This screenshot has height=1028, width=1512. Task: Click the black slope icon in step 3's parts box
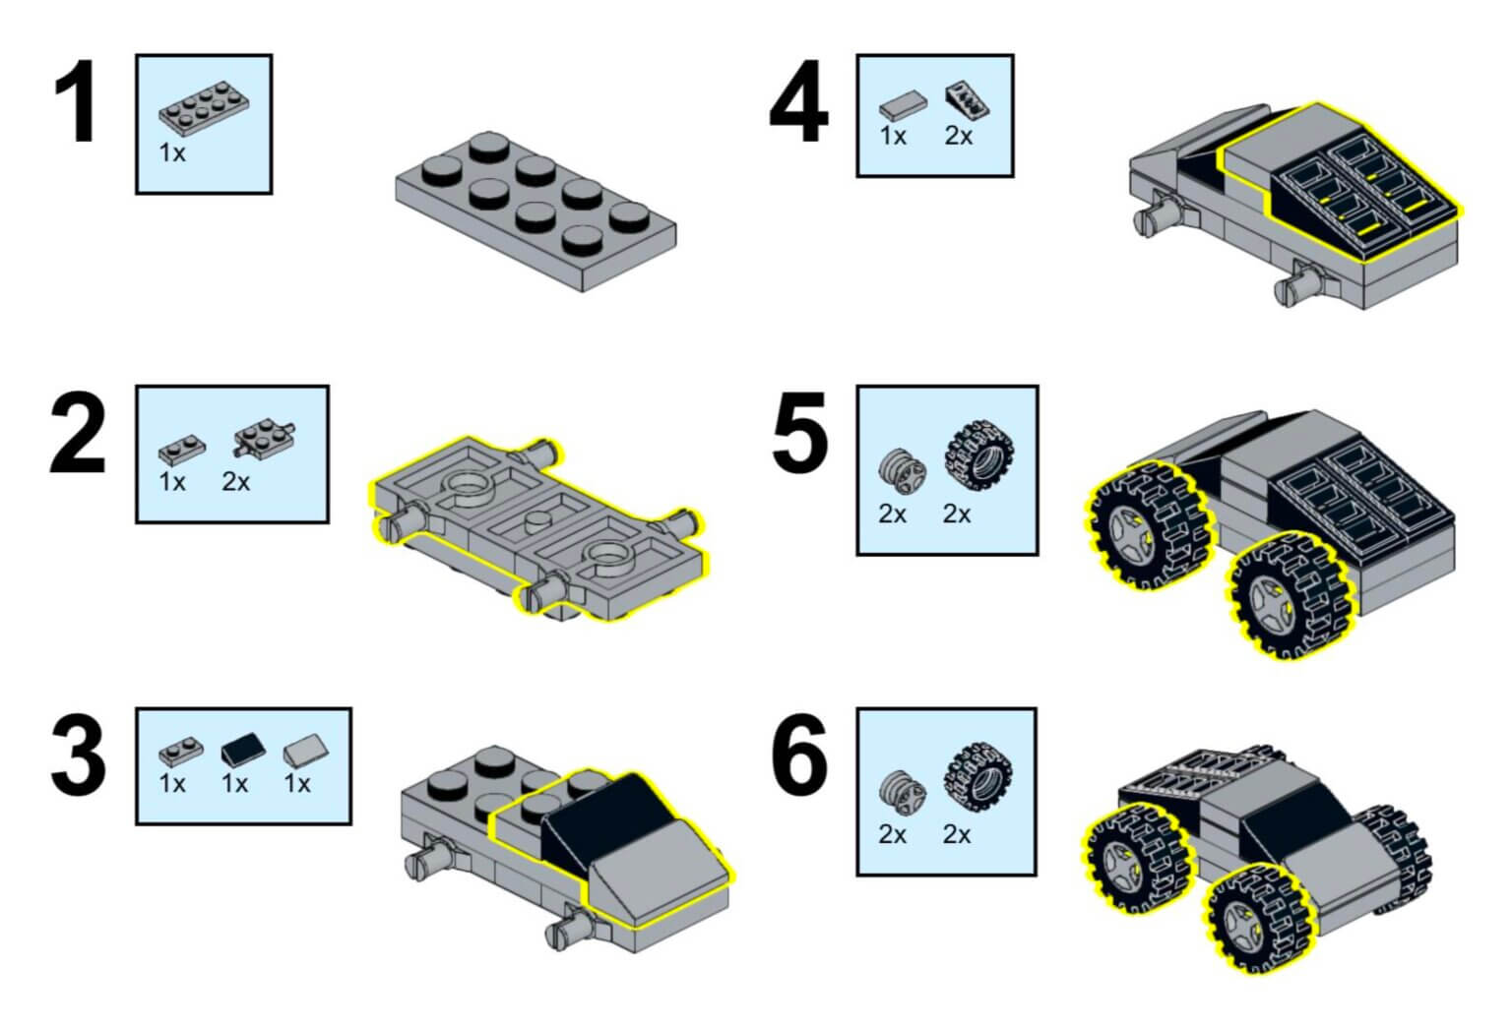[x=238, y=752]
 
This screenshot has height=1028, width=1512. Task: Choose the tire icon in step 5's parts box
[x=978, y=454]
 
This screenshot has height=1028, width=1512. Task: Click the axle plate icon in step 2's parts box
[x=266, y=438]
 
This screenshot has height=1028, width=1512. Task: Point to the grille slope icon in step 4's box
[x=967, y=101]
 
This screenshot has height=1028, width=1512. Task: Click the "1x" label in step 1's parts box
[x=172, y=153]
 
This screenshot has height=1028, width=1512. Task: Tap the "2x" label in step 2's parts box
[x=236, y=482]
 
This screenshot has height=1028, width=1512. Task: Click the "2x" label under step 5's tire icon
[x=957, y=514]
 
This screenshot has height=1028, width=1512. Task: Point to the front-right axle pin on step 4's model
[x=1299, y=285]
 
